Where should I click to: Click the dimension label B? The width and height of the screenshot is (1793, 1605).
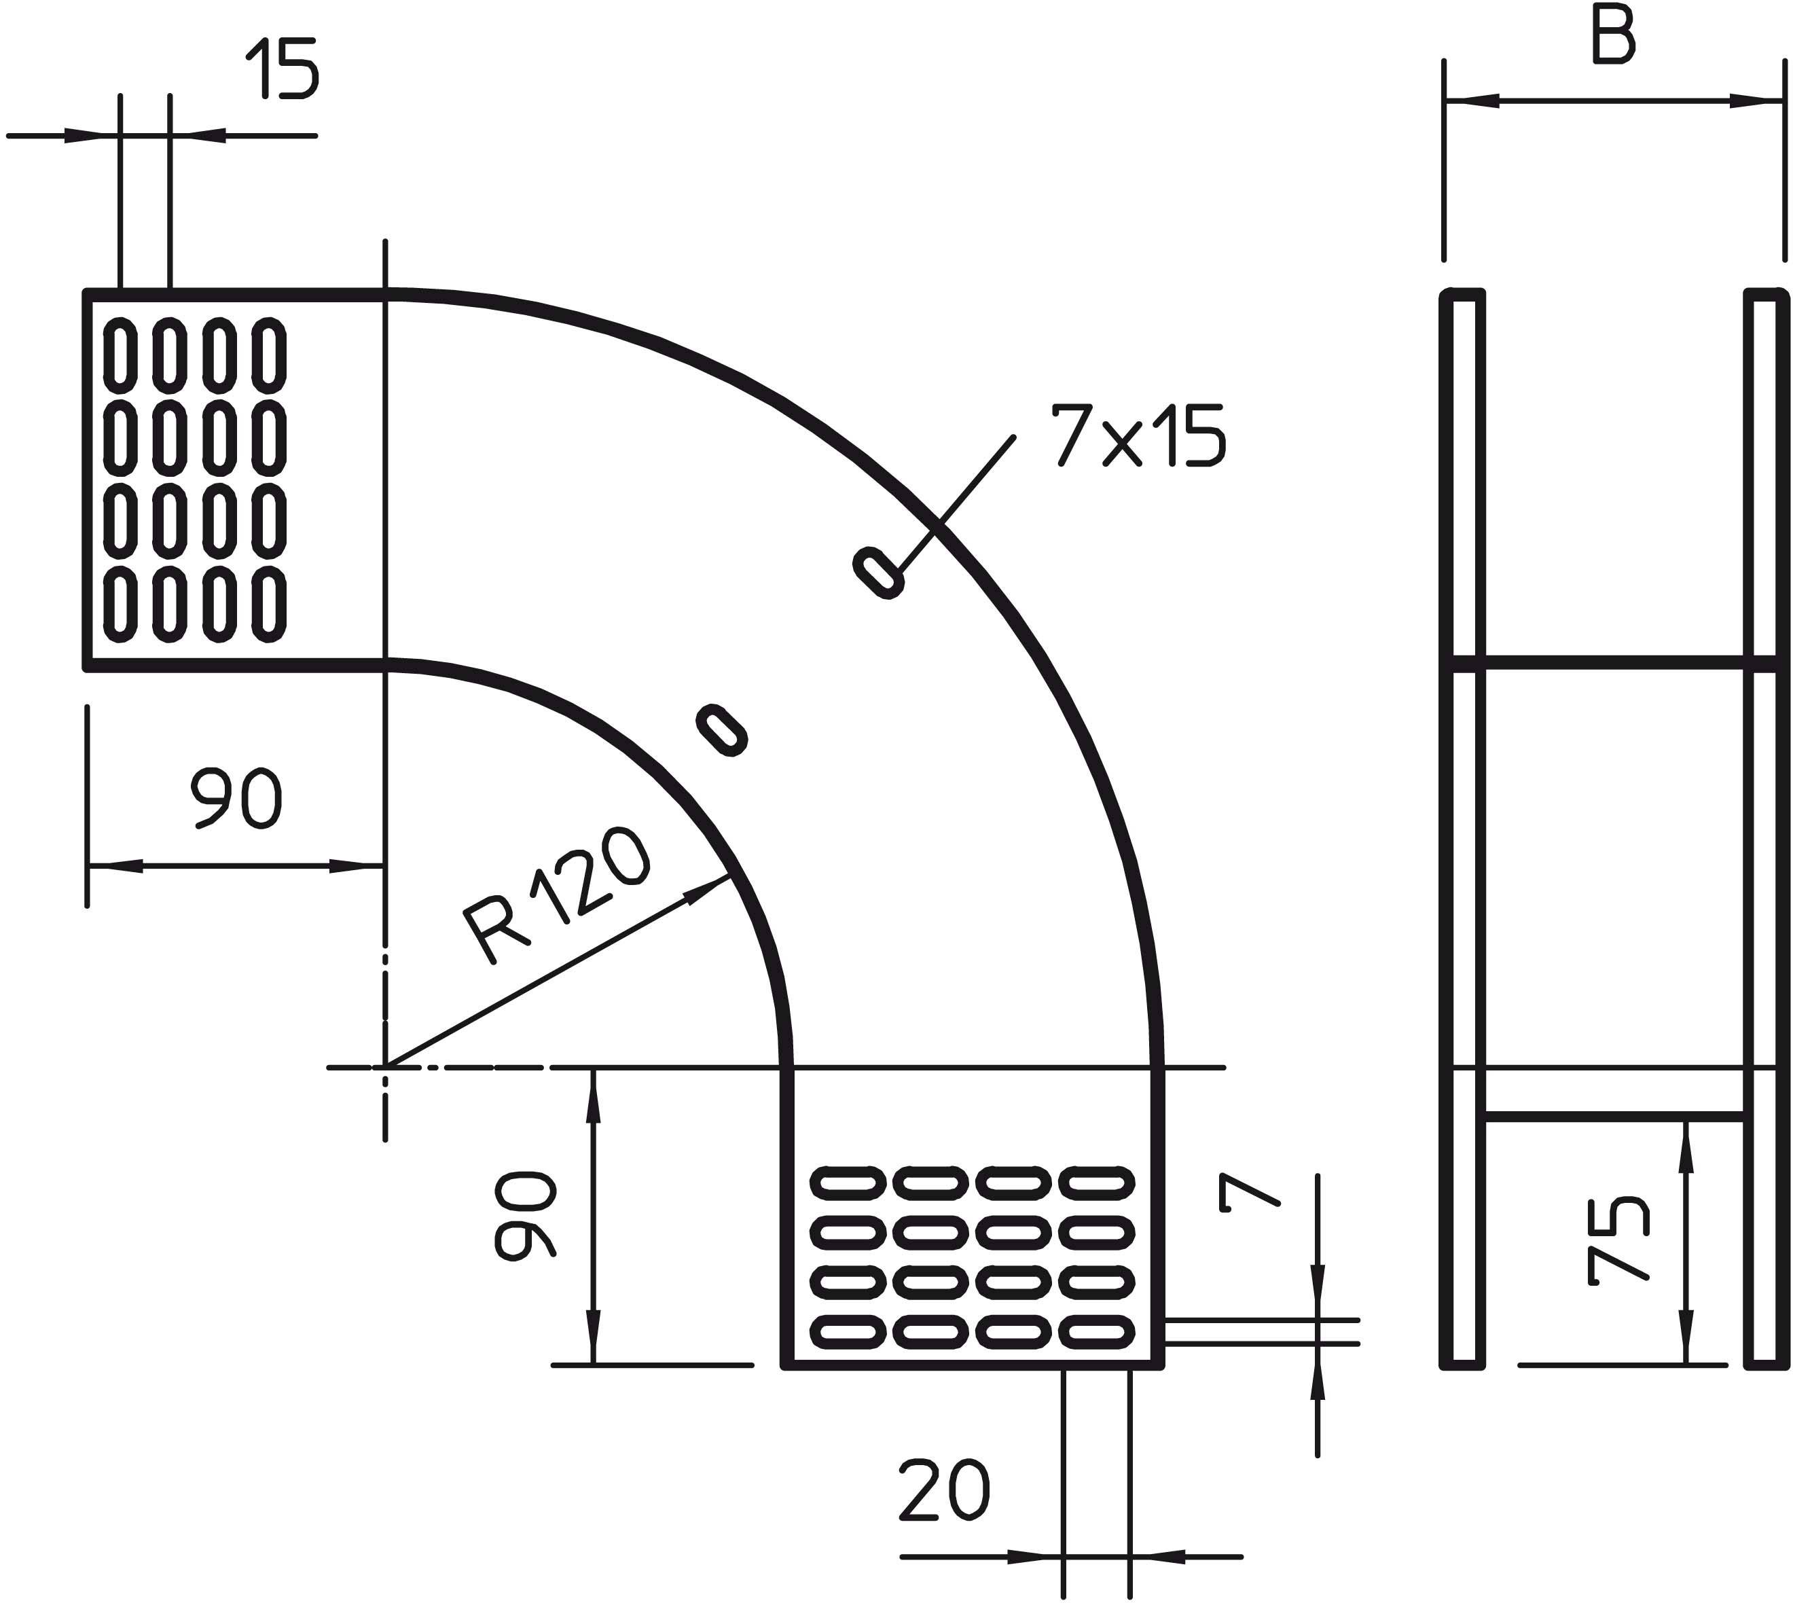point(1614,38)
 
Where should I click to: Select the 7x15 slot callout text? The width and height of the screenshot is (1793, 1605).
point(1137,435)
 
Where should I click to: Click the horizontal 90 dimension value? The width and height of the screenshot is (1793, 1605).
point(236,798)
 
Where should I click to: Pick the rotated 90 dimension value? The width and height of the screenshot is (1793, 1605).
point(526,1215)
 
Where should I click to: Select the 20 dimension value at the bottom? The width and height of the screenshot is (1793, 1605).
point(943,1490)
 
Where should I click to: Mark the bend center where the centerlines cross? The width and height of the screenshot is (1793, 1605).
point(385,1068)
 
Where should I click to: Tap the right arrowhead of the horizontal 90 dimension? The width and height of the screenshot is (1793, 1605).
point(357,866)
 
